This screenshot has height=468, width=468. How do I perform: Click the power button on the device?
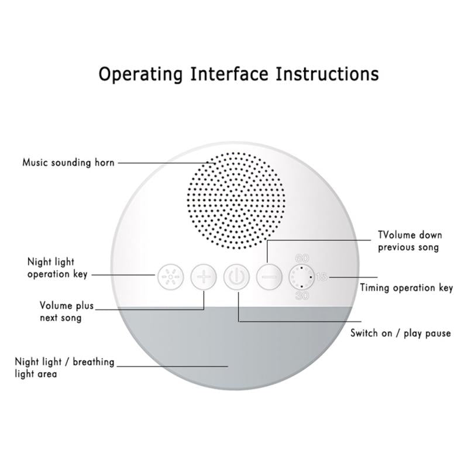(237, 276)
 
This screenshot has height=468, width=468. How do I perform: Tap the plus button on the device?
(203, 276)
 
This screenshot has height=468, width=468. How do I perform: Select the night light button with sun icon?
(169, 276)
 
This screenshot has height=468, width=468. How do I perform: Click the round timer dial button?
(302, 276)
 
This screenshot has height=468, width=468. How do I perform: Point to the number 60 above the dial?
(302, 257)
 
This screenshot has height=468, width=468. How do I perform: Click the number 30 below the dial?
(302, 296)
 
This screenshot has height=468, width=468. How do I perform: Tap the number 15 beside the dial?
(322, 277)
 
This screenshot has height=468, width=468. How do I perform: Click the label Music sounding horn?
(68, 162)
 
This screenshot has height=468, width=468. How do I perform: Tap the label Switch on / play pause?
(401, 333)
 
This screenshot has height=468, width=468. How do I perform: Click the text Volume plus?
(66, 306)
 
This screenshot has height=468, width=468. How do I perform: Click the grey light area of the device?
(237, 351)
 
